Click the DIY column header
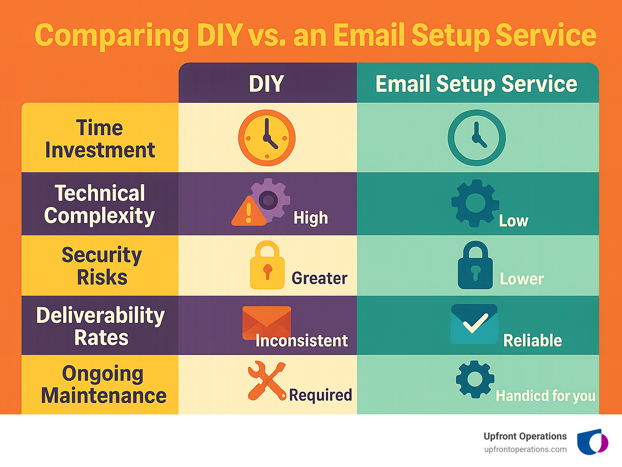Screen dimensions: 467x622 [x=266, y=84]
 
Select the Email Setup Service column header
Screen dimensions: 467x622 [x=476, y=84]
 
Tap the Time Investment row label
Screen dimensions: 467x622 [x=100, y=139]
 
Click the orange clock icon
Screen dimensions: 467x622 [x=266, y=138]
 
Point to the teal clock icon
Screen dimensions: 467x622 [x=476, y=138]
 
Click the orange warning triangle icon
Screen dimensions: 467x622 [x=248, y=212]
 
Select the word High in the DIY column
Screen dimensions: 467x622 [x=311, y=218]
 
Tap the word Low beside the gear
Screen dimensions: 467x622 [x=513, y=221]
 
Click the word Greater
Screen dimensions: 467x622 [x=320, y=278]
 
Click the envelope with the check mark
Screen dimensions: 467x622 [x=474, y=324]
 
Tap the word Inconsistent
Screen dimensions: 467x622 [x=302, y=341]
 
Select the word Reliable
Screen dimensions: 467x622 [x=533, y=341]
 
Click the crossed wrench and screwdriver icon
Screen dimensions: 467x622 [x=266, y=381]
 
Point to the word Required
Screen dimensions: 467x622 [x=320, y=395]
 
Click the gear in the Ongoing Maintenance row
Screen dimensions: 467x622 [x=475, y=380]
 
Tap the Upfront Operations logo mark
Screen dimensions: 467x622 [x=592, y=442]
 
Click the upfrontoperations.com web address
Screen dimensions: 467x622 [x=525, y=450]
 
